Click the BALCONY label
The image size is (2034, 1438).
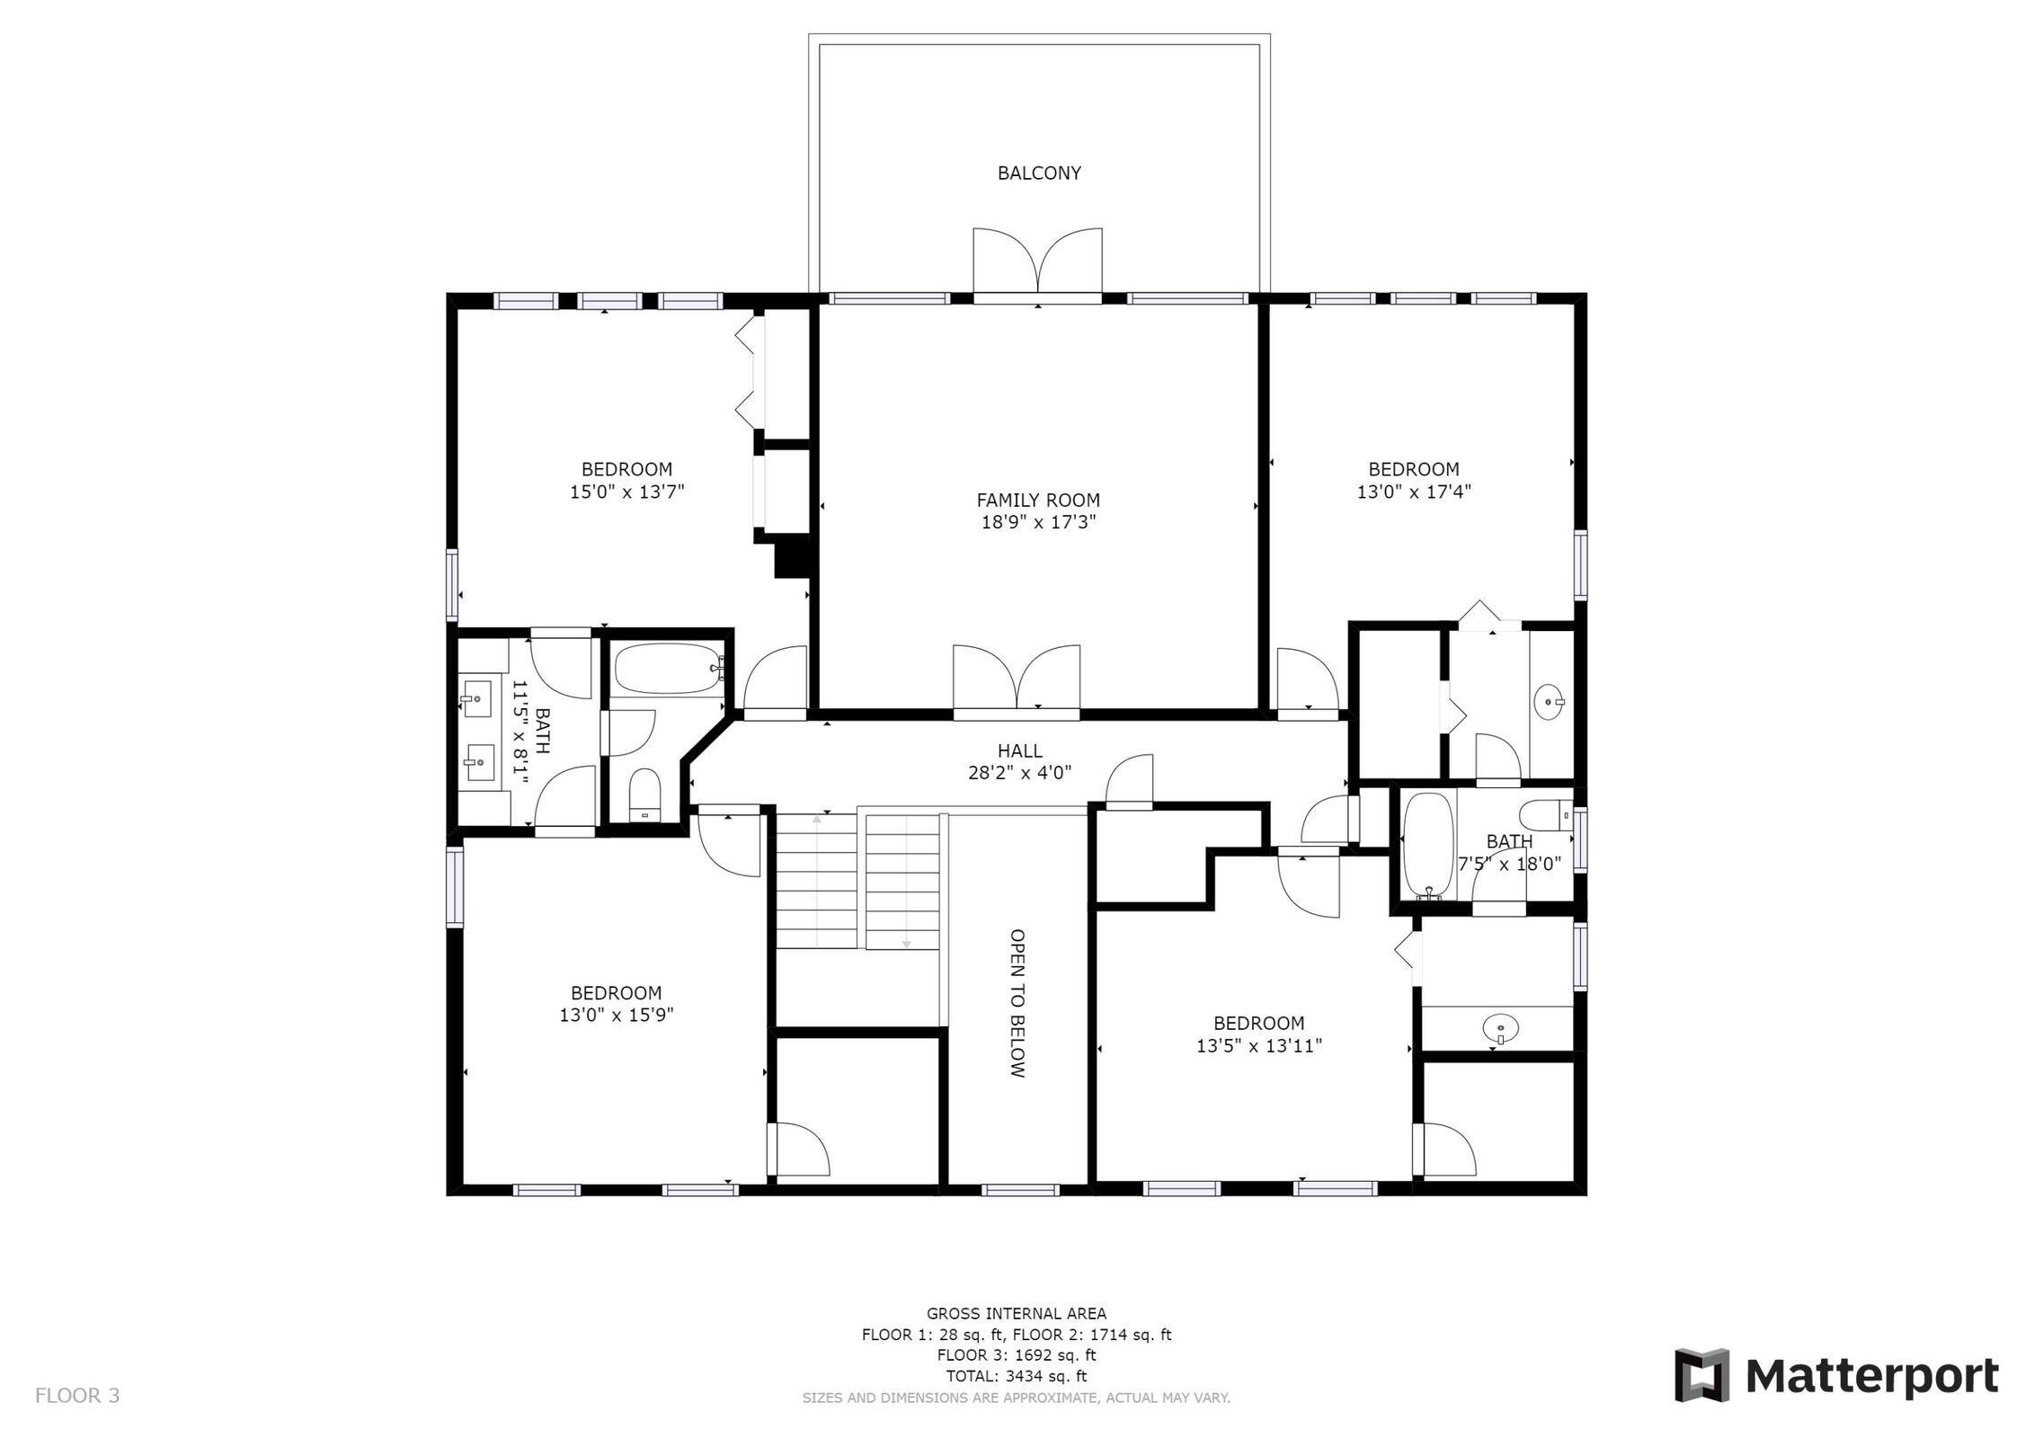click(x=1038, y=173)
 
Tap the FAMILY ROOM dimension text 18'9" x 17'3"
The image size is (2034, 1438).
click(x=1038, y=522)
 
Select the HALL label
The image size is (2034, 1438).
click(x=1019, y=750)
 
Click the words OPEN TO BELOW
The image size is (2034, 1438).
click(x=1017, y=1003)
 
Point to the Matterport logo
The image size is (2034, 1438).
click(x=1835, y=1375)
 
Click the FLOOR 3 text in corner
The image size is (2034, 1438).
click(x=77, y=1395)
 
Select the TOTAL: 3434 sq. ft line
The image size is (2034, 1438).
click(x=1016, y=1375)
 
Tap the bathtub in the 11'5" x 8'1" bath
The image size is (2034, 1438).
click(x=666, y=668)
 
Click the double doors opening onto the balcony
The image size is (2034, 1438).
click(x=1037, y=265)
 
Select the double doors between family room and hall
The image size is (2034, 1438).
click(x=1017, y=680)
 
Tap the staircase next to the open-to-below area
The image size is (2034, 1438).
click(x=857, y=881)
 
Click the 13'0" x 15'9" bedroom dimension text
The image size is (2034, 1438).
click(x=616, y=1016)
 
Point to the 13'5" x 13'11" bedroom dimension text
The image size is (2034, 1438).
click(x=1258, y=1046)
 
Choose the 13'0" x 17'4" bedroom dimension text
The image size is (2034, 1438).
click(x=1413, y=492)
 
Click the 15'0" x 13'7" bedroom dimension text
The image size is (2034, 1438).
click(x=626, y=492)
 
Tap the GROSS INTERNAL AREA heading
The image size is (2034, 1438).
click(x=1016, y=1313)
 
